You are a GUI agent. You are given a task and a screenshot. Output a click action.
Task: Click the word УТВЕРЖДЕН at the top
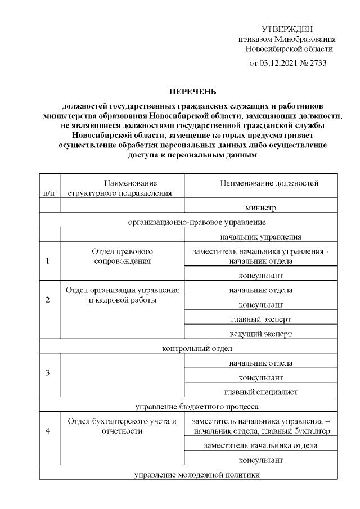tap(287, 29)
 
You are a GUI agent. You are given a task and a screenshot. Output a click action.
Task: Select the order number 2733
tap(316, 63)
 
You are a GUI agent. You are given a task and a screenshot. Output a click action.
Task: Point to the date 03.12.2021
tap(280, 63)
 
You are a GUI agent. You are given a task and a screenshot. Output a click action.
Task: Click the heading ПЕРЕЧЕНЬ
tap(193, 91)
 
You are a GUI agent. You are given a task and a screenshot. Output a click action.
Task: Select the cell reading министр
tap(260, 208)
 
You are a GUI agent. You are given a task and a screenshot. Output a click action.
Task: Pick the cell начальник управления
tap(260, 236)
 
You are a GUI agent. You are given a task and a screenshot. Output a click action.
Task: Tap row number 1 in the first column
tap(48, 261)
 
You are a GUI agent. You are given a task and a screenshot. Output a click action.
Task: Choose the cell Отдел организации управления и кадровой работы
tap(122, 295)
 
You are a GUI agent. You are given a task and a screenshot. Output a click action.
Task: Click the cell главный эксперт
tap(260, 319)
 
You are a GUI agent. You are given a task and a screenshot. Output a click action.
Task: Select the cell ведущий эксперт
tap(260, 334)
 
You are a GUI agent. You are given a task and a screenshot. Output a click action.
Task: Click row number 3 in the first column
tap(48, 373)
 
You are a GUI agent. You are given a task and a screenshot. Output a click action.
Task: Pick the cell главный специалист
tap(260, 391)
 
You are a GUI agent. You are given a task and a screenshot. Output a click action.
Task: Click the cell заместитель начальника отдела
tap(260, 445)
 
